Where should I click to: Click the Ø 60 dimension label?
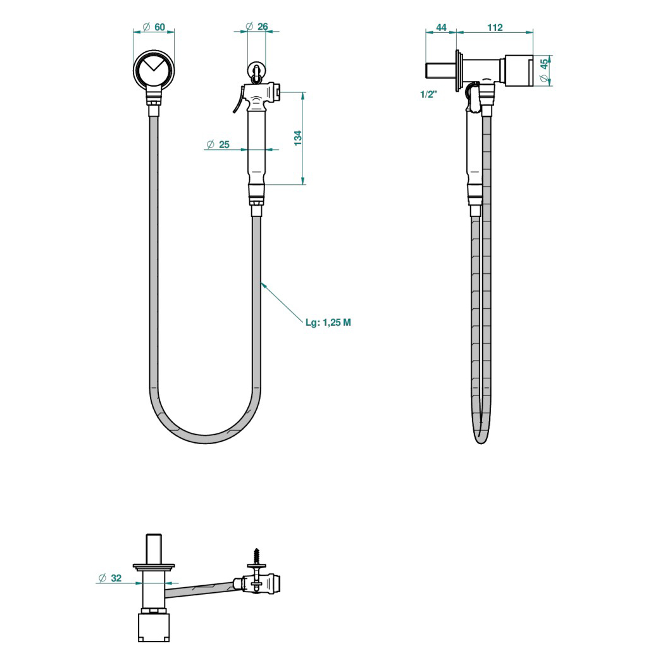coord(154,27)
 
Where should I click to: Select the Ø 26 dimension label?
coord(257,27)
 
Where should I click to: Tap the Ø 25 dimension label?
coord(218,145)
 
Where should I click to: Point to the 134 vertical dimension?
coord(298,139)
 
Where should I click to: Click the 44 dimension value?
coord(441,27)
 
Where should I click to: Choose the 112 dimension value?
coord(495,27)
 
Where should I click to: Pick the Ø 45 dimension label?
coord(544,70)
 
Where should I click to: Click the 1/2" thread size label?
coord(429,94)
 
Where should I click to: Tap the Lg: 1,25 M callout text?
coord(328,322)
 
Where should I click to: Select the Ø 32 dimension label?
coord(110,578)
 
